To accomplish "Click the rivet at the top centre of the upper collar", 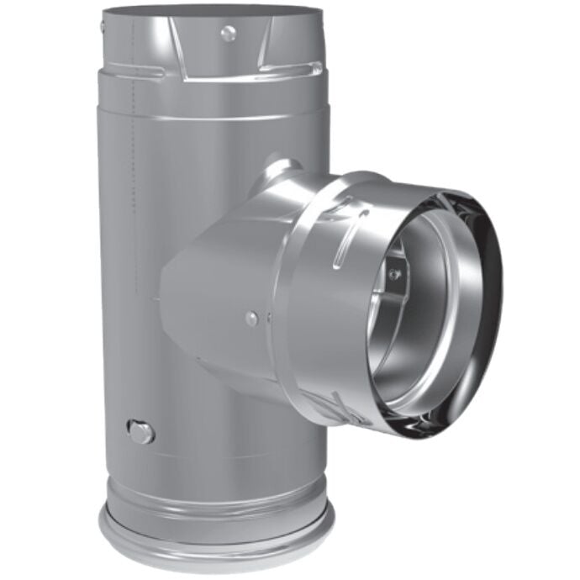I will tap(228, 33).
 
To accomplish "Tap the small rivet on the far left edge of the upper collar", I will tap(103, 28).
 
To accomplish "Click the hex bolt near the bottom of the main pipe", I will tap(141, 431).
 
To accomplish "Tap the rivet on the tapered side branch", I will tap(251, 318).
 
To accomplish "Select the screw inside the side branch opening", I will tap(394, 274).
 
